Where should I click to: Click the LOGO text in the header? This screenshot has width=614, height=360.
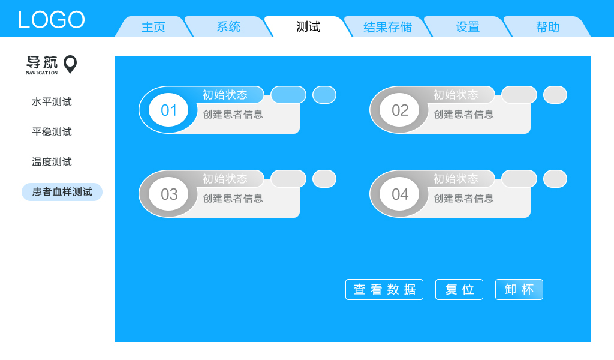point(51,20)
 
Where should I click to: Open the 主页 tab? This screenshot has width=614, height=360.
point(153,27)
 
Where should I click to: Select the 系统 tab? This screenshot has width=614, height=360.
point(228,27)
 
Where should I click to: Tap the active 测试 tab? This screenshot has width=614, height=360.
point(308,27)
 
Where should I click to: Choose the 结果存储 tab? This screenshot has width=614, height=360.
point(387,27)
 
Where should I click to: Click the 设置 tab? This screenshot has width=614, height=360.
point(468,27)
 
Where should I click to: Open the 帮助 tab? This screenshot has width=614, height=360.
point(547,27)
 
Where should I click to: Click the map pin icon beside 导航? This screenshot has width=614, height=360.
point(70,64)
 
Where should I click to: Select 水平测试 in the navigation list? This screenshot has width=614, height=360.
point(52,102)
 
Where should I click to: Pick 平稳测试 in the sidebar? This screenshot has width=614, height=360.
point(52,132)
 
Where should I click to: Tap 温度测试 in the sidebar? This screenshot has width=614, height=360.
point(52,162)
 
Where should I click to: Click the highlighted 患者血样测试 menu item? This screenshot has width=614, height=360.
point(62,192)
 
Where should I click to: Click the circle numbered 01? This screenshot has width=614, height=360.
point(168,110)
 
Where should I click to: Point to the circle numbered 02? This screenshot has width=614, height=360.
point(399,110)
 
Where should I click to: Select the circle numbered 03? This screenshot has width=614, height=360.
point(168,194)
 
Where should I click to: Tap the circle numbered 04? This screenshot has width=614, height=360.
point(399,194)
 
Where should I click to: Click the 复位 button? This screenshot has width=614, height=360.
point(459,289)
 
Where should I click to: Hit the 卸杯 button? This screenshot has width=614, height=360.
point(519,289)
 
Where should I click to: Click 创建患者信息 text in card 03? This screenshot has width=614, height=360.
point(233,198)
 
